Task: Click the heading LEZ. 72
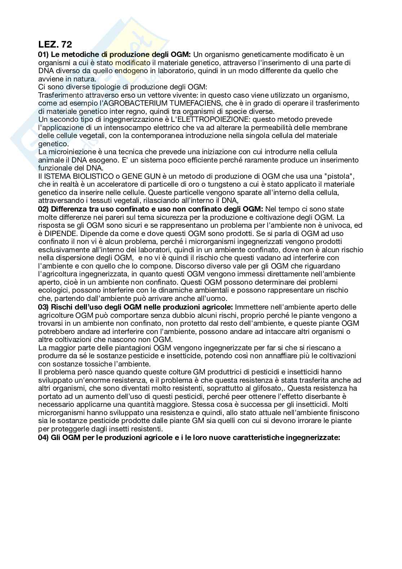[55, 45]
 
